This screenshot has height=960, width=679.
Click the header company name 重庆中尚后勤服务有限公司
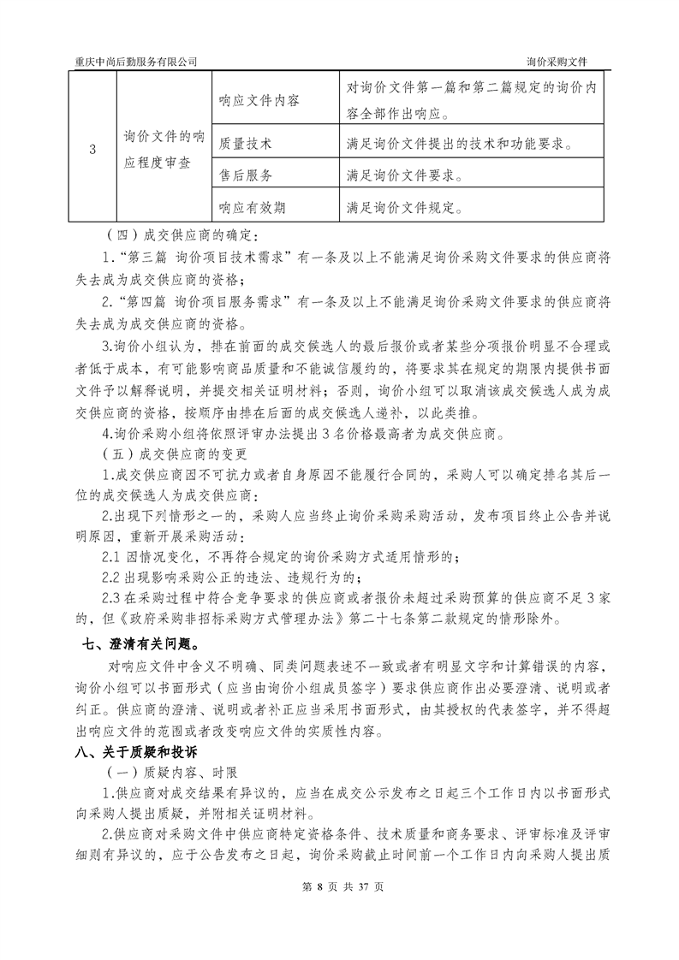[137, 62]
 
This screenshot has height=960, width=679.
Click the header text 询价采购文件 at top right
[562, 62]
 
